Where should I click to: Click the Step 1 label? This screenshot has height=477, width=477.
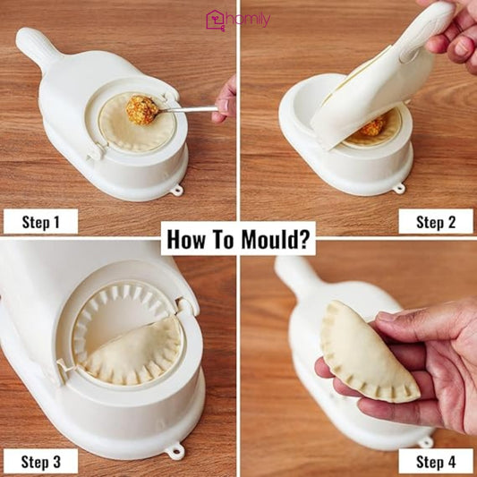point(40,221)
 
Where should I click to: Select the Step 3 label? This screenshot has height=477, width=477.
point(40,461)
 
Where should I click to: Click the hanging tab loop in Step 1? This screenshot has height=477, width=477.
point(176,190)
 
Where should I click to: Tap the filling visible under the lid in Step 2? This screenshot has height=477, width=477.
point(374,125)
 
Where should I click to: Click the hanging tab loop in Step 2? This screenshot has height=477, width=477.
point(399,189)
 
